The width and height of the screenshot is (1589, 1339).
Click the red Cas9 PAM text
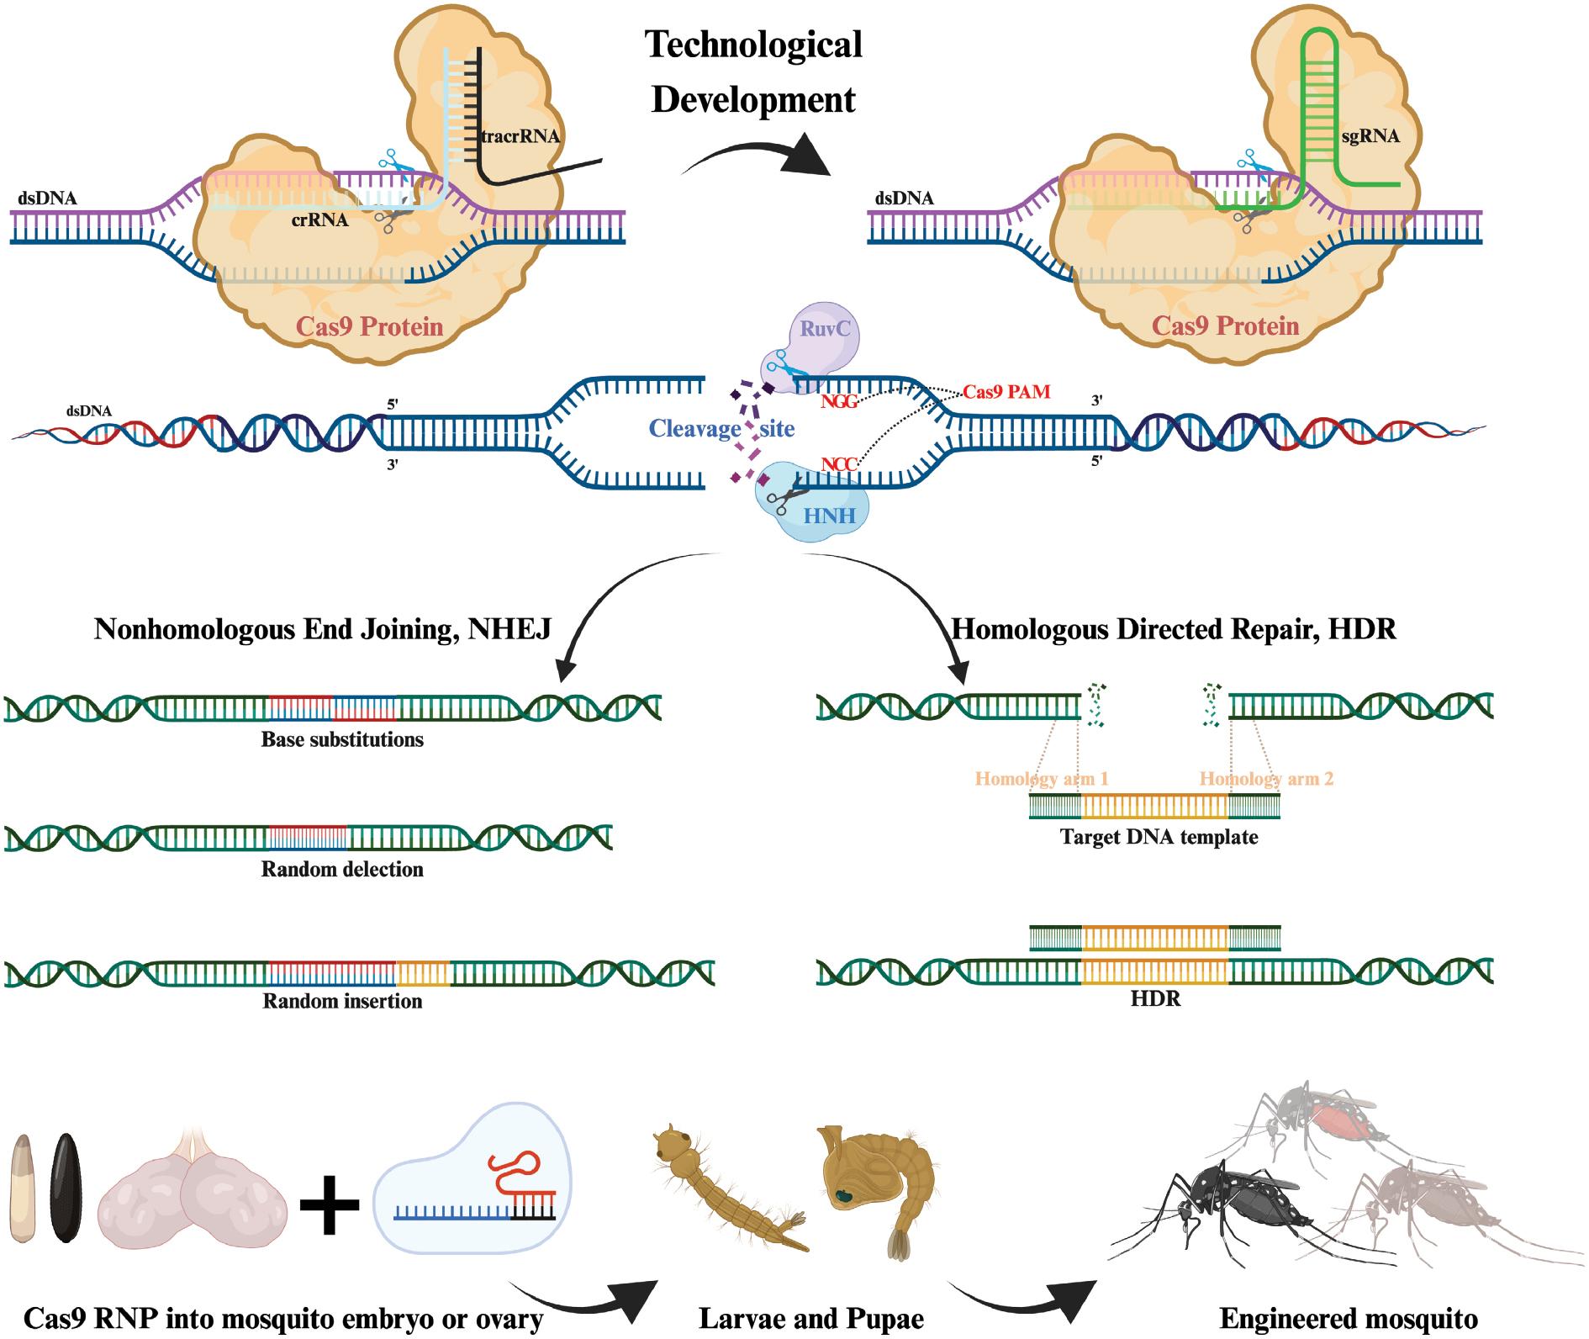(1006, 392)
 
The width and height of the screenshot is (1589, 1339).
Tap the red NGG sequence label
(838, 402)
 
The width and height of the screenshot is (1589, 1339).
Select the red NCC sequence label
(838, 463)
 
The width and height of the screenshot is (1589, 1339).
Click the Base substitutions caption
(342, 740)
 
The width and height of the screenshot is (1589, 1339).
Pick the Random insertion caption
(342, 1001)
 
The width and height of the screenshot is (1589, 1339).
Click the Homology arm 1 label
(1041, 778)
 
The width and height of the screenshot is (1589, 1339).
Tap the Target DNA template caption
(1159, 837)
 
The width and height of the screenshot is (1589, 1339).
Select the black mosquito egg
(66, 1187)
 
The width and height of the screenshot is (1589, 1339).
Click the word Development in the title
(753, 100)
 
